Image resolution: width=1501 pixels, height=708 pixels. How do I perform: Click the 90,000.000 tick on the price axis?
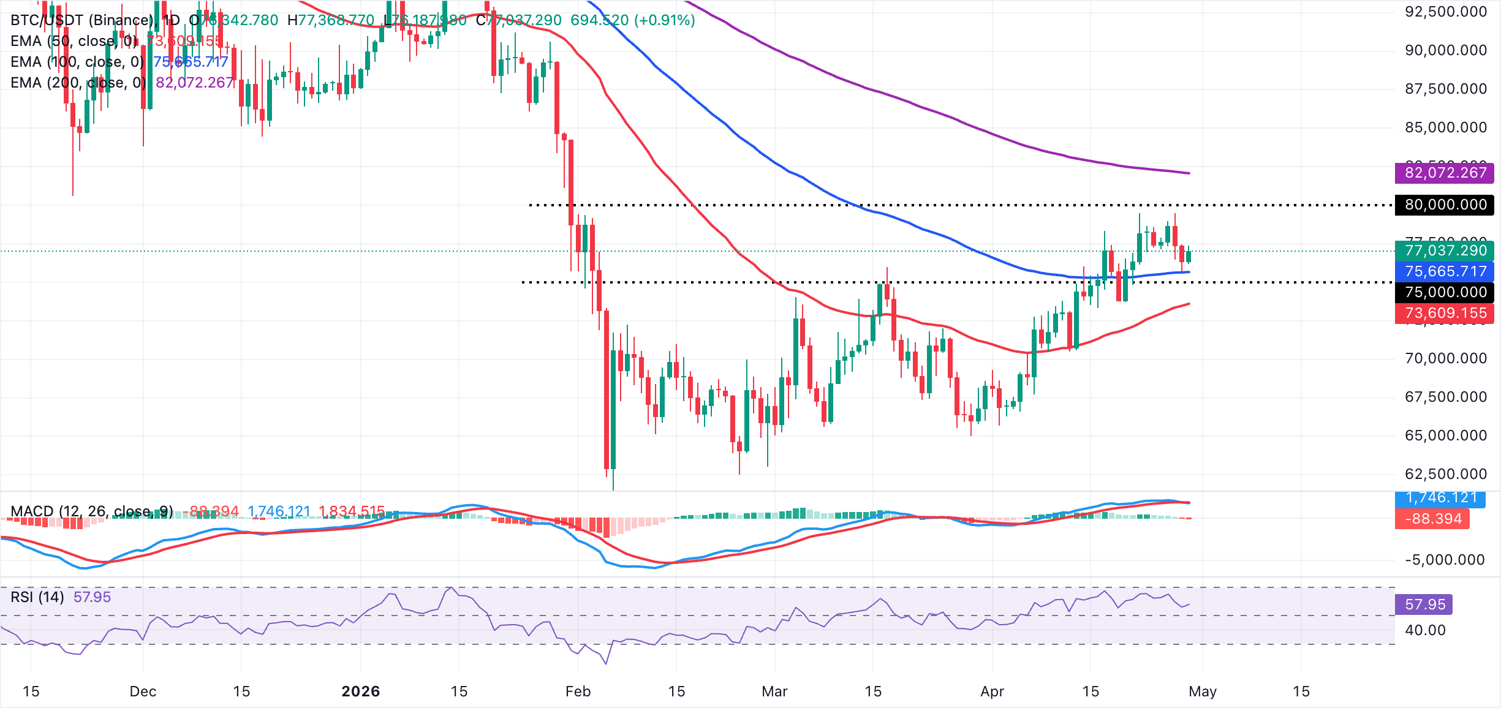[1445, 50]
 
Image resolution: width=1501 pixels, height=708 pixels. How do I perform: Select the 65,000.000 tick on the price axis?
[1445, 435]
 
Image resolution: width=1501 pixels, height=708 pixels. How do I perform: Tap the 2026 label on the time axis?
[360, 691]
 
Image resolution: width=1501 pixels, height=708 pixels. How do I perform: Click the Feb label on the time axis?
[578, 691]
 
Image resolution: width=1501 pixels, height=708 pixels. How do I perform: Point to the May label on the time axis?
[1202, 691]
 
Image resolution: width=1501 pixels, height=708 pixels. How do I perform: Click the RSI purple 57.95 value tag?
[1424, 604]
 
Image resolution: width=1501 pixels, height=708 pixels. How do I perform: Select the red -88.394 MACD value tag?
[1432, 519]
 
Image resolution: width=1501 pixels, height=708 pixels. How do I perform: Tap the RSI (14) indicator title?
[37, 597]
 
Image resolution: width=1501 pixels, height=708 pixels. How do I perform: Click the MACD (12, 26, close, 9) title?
[92, 511]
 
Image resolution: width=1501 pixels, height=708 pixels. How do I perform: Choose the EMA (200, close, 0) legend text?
[78, 83]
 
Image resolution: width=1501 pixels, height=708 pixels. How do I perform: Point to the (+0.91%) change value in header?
[665, 20]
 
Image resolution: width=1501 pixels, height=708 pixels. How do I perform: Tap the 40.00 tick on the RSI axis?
[1424, 630]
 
